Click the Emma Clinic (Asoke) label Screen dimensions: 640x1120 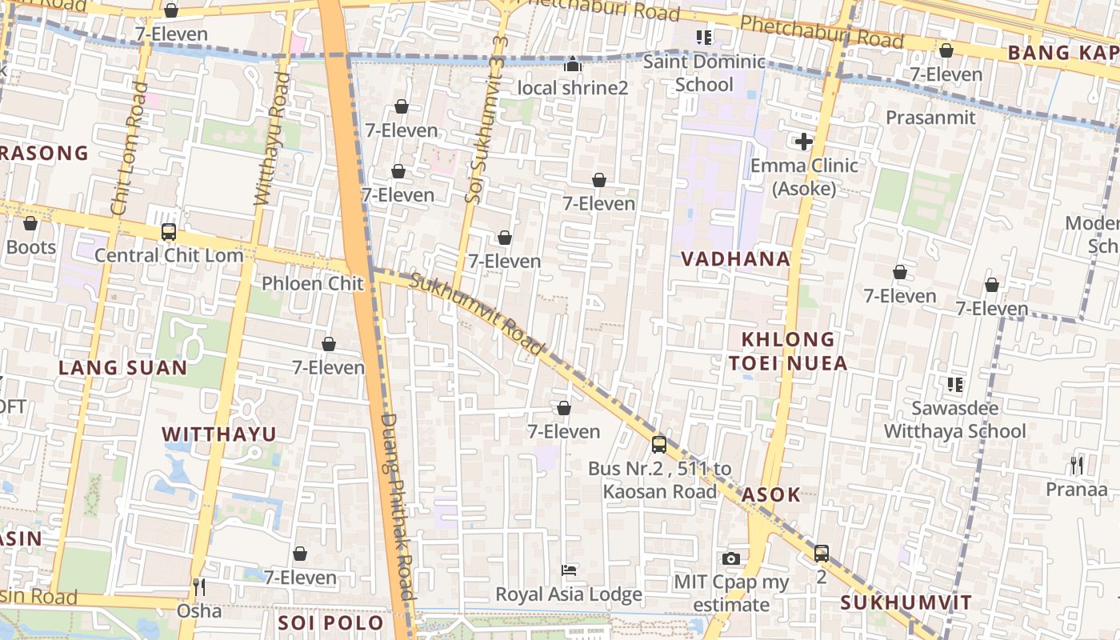(804, 177)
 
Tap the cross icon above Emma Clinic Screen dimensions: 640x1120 (804, 142)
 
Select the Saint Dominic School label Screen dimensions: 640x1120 (704, 73)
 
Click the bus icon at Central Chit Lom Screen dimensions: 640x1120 (168, 232)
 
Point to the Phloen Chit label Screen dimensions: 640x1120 (312, 283)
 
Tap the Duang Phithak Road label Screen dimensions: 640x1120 (397, 506)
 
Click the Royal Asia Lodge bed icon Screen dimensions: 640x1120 (569, 570)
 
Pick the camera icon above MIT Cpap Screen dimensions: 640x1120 (730, 558)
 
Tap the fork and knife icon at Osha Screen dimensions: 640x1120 (199, 587)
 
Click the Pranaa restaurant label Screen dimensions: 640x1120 (1076, 488)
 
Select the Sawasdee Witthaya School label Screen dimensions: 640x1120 (954, 420)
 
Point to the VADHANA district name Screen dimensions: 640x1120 (735, 259)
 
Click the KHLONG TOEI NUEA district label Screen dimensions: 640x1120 (787, 351)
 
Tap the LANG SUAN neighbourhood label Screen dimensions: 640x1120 (123, 368)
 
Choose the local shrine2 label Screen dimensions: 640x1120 (573, 87)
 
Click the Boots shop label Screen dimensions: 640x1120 (31, 247)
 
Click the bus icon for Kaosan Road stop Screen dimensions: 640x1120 (658, 444)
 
